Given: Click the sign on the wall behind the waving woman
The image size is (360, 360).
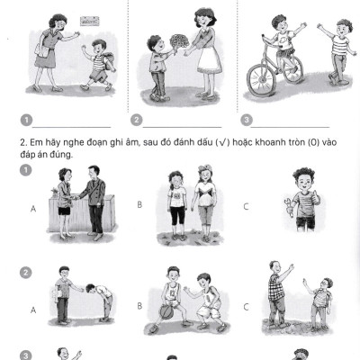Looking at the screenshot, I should (88, 18).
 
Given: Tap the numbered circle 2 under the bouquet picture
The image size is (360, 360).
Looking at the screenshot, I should (137, 120).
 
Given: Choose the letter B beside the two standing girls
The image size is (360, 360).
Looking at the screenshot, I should (140, 205).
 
